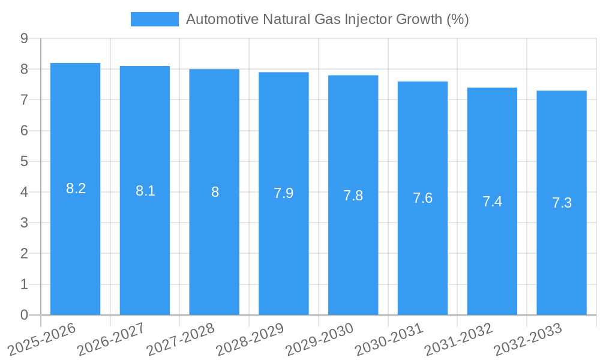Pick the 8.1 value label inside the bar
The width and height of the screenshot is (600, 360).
point(145,191)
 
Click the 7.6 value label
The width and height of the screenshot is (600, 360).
point(422,199)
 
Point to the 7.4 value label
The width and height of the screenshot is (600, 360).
point(492,202)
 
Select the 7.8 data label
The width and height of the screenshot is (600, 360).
point(353,196)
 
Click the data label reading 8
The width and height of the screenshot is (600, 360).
point(215,193)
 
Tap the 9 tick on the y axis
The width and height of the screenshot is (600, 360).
point(24,38)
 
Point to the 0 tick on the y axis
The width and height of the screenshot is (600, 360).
point(24,315)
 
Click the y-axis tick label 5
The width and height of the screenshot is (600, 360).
point(24,161)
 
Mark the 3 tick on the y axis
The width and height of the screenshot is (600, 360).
point(24,223)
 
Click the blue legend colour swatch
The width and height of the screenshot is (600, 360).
point(155,19)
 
